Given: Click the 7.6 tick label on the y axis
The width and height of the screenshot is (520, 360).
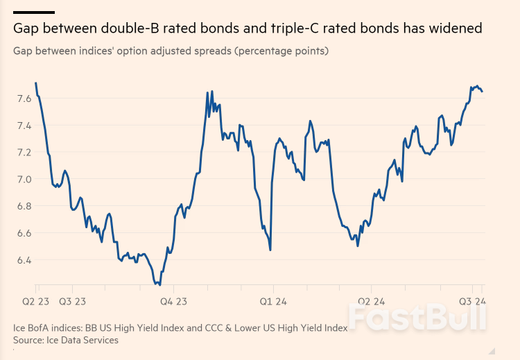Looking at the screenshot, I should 22,99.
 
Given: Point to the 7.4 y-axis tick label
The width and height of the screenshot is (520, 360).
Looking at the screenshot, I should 22,126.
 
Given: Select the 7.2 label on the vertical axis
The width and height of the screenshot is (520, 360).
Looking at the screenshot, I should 22,153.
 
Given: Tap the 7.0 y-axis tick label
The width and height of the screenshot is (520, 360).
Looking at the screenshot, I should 22,180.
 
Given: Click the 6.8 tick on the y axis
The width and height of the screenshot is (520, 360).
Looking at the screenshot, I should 22,206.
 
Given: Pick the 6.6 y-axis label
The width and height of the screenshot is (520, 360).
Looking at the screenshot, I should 22,233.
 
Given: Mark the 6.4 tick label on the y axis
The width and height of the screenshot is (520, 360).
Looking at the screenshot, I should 22,260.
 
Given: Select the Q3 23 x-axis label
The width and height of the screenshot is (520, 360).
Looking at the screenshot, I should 72,302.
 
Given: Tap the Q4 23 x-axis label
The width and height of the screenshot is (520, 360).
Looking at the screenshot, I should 173,302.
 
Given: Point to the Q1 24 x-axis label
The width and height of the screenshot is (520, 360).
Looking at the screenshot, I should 272,302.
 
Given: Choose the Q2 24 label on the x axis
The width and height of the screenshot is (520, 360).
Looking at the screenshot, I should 371,302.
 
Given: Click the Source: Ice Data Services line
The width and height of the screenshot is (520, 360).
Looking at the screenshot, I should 66,340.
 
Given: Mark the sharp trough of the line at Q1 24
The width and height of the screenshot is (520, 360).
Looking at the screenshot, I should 270,250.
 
